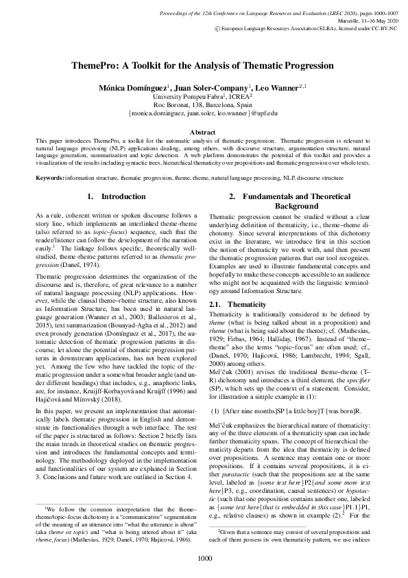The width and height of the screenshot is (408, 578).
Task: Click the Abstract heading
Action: tap(204, 131)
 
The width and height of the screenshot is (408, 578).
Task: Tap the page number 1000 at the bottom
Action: tap(204, 558)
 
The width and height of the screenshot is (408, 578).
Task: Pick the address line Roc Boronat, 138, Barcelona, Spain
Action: tap(204, 105)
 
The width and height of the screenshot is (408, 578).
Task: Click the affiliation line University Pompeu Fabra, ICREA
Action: tap(204, 97)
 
